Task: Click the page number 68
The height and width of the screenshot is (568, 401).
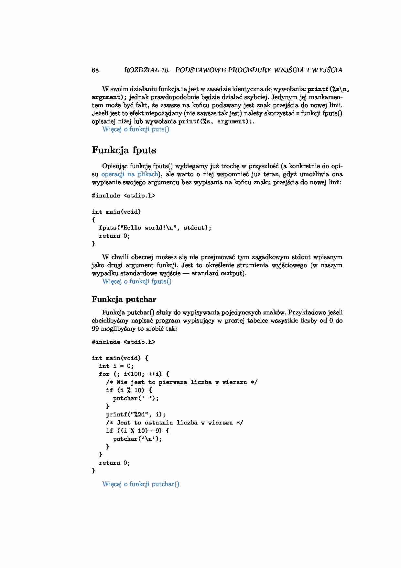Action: click(x=95, y=70)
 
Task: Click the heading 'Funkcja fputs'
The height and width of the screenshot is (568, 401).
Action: click(x=124, y=150)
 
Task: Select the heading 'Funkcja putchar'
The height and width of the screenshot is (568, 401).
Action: click(x=124, y=299)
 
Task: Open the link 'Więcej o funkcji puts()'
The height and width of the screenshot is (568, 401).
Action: click(x=135, y=129)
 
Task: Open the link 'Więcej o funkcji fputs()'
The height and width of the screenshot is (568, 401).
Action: click(x=137, y=281)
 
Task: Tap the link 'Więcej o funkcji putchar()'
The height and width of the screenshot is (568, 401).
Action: click(x=141, y=484)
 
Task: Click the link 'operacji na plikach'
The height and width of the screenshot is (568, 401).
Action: click(x=130, y=174)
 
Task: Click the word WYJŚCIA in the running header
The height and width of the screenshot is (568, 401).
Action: click(x=328, y=70)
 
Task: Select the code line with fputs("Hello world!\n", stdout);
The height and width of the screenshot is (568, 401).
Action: click(x=155, y=228)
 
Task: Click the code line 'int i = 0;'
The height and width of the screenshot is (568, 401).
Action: click(x=116, y=366)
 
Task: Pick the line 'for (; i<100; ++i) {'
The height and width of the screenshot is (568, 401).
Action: click(x=134, y=374)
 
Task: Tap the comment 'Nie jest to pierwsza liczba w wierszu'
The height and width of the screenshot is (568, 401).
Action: click(x=182, y=382)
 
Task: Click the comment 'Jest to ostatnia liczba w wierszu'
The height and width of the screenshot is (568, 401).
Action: click(x=175, y=423)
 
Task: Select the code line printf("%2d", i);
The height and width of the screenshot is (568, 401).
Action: click(x=135, y=415)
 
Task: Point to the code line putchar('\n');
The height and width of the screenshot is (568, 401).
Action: click(x=137, y=439)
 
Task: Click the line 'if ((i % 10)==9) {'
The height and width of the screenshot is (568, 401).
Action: click(x=137, y=431)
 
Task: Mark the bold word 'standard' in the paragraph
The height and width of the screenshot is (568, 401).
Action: click(x=205, y=273)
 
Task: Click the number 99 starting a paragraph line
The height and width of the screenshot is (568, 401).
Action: click(x=95, y=329)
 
